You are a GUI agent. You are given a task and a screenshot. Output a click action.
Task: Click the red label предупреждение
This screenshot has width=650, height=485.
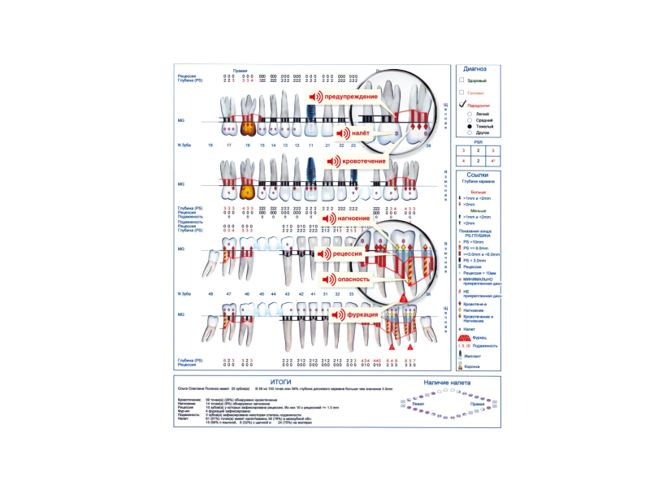[x=354, y=97]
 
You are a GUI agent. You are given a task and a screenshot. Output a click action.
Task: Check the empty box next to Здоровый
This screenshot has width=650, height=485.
[x=461, y=81]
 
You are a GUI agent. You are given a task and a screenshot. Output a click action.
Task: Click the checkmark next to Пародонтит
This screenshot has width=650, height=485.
[x=461, y=104]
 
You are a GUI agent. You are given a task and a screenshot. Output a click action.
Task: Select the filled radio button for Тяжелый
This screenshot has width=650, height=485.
[x=470, y=128]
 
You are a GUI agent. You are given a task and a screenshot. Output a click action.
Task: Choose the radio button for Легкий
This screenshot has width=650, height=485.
[x=470, y=115]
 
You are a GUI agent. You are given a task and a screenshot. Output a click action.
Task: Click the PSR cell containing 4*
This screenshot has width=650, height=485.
[x=493, y=161]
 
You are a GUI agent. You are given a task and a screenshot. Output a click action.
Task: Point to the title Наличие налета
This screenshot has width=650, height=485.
[x=447, y=380]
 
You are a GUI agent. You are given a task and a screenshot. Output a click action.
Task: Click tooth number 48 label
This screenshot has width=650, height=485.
[x=210, y=292]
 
